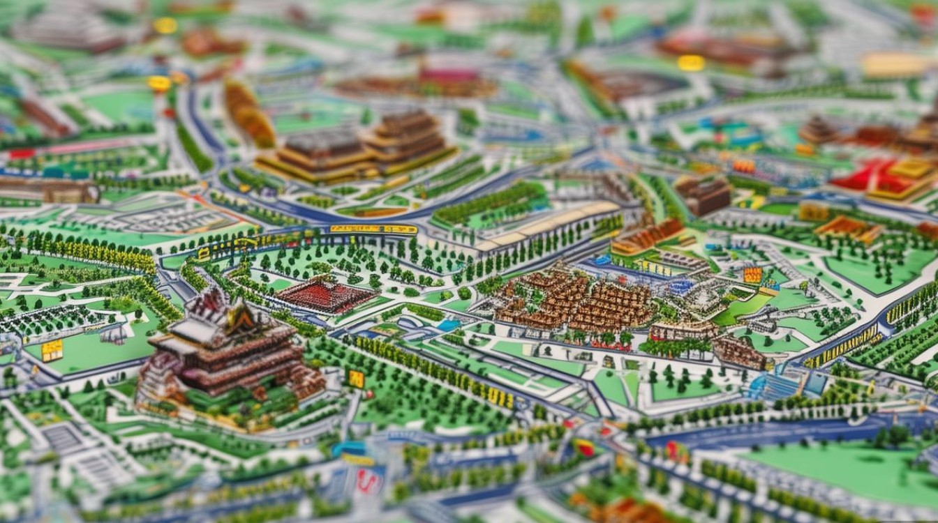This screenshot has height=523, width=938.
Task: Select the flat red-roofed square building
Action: (x=325, y=295)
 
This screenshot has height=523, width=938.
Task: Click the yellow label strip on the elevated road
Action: (x=373, y=229)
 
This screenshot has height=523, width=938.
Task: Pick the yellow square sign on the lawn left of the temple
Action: (x=52, y=350)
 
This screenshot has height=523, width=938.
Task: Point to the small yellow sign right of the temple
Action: (x=356, y=379)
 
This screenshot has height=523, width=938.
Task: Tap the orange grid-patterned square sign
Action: (x=752, y=275)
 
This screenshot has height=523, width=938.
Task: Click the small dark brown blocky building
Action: (x=703, y=195)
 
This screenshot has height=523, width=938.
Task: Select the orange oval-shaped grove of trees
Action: (x=248, y=113)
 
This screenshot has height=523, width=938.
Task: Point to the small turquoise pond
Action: (x=449, y=325)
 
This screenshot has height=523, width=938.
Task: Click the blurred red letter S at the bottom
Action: (x=368, y=481)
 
